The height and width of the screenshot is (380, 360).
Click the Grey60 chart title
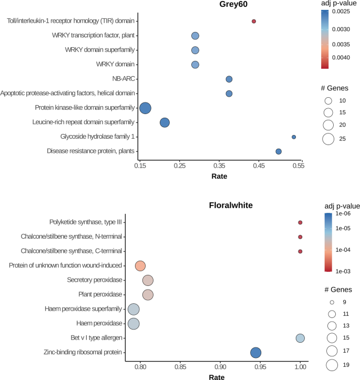click(234, 5)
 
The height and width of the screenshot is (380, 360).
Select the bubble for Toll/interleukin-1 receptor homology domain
click(254, 22)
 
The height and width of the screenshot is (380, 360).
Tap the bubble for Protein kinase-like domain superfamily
click(145, 108)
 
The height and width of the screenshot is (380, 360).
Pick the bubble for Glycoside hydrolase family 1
click(294, 137)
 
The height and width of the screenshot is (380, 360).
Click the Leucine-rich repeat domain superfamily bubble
click(164, 123)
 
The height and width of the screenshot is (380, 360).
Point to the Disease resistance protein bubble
click(279, 151)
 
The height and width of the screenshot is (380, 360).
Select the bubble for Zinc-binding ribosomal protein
click(256, 353)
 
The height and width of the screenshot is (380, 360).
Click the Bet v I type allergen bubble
click(300, 338)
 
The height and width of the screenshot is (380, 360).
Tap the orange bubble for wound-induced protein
click(140, 266)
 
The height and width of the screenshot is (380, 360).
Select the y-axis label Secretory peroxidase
click(95, 280)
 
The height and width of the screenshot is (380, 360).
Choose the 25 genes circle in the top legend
click(328, 139)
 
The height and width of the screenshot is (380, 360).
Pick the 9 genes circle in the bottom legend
click(332, 302)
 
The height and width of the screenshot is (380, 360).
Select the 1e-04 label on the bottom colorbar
click(346, 249)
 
